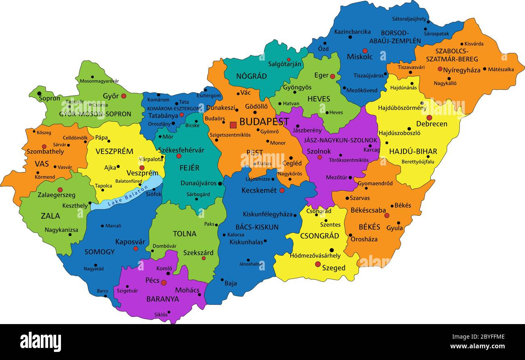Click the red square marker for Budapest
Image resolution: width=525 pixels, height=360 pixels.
(233, 125)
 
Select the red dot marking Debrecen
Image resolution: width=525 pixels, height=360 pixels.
(429, 118)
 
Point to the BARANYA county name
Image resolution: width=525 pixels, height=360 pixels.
(162, 299)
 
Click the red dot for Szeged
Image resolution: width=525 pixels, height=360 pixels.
(318, 264)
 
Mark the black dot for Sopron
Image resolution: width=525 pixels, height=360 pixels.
(39, 94)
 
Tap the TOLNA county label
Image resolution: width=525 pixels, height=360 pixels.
(185, 234)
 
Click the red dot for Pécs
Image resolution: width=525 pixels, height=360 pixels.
(164, 283)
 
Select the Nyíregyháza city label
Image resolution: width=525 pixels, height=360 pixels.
(462, 70)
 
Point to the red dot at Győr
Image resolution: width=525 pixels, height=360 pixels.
(124, 96)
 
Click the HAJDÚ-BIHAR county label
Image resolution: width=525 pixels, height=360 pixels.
(413, 151)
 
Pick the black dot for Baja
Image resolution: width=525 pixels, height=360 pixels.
(222, 279)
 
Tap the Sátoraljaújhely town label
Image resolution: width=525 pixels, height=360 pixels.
(409, 19)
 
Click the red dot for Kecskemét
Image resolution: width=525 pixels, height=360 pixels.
(282, 190)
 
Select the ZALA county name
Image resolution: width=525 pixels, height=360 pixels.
(50, 216)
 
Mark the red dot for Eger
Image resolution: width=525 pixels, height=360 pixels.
(332, 76)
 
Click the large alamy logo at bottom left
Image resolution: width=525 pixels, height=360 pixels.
(40, 342)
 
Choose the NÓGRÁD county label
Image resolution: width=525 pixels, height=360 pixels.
(251, 76)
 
